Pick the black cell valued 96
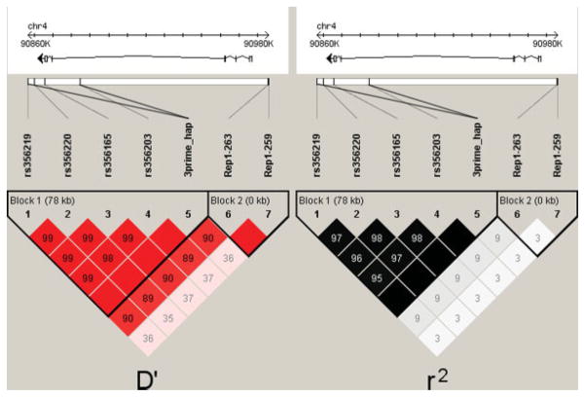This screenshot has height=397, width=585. [x=357, y=260]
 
